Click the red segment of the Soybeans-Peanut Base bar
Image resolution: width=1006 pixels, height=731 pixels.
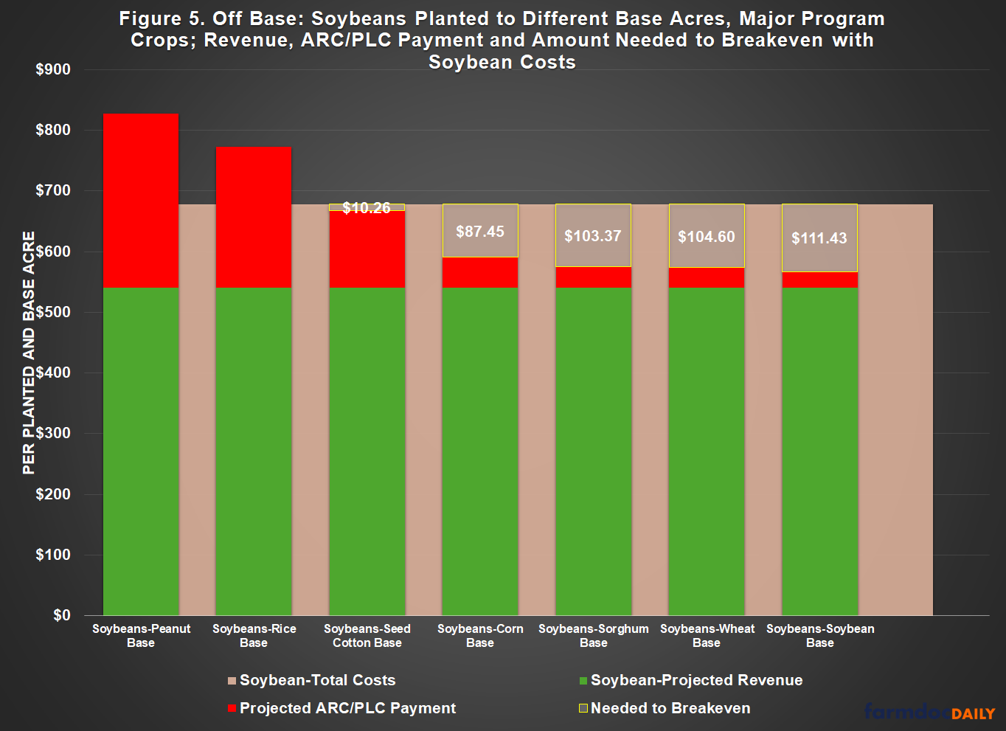pyautogui.click(x=141, y=200)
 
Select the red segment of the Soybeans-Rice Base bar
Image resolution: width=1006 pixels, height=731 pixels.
pyautogui.click(x=254, y=217)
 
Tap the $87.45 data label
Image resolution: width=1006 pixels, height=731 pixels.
pyautogui.click(x=480, y=232)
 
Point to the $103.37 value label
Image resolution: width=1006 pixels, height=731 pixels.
pyautogui.click(x=593, y=236)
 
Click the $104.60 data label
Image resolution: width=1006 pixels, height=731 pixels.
pyautogui.click(x=707, y=237)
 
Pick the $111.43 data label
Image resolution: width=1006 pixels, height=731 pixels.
pyautogui.click(x=819, y=238)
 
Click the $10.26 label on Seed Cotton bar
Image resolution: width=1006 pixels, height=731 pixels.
pyautogui.click(x=367, y=208)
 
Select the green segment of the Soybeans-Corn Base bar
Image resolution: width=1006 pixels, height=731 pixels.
pyautogui.click(x=480, y=450)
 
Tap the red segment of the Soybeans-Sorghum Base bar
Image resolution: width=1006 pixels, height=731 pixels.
pyautogui.click(x=593, y=277)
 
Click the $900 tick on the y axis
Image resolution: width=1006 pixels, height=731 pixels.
pyautogui.click(x=53, y=70)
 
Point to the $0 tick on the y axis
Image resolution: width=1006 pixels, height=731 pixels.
pyautogui.click(x=62, y=615)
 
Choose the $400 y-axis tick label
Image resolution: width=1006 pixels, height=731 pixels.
pyautogui.click(x=53, y=373)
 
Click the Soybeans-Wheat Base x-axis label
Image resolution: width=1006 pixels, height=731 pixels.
pyautogui.click(x=707, y=636)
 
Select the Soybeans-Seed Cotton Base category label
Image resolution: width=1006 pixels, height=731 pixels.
pyautogui.click(x=367, y=636)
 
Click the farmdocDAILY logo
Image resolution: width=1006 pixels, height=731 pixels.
pyautogui.click(x=930, y=712)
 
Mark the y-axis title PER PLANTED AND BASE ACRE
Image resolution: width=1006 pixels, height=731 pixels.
pyautogui.click(x=29, y=353)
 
